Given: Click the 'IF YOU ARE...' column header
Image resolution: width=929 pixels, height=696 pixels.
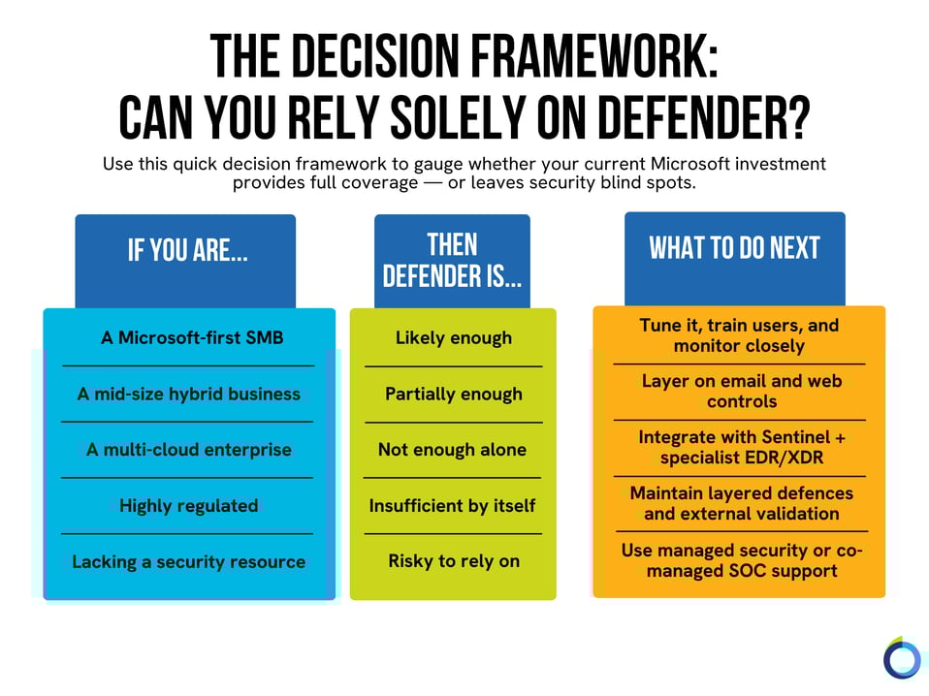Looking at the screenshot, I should (187, 250).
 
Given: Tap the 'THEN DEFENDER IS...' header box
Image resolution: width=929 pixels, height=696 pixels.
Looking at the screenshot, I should (452, 260).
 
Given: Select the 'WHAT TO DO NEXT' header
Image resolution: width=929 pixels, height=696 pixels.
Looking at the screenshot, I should (734, 248).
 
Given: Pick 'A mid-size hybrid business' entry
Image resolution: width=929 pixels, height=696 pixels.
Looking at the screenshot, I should (188, 394).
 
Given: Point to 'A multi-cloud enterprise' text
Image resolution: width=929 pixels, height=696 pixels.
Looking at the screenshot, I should (188, 450).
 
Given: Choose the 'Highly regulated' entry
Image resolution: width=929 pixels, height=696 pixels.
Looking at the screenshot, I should (188, 505).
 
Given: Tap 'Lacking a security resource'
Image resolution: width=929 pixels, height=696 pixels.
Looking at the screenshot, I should (188, 561).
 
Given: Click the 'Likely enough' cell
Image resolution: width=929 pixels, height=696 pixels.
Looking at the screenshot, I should (453, 338).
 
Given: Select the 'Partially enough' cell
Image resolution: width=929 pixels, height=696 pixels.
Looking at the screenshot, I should (453, 394).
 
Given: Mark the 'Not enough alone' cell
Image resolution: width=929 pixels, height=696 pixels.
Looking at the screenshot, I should (453, 450).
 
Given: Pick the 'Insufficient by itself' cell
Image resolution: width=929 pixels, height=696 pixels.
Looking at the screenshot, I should (453, 505).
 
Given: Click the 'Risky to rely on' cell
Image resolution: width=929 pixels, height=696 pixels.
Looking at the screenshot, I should (453, 561).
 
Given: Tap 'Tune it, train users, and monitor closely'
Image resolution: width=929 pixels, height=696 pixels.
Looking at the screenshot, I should (739, 334).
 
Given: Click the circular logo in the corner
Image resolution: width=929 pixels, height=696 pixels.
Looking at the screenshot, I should (901, 659).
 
